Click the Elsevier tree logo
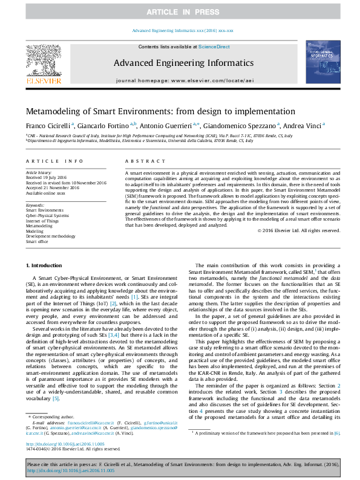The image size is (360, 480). pyautogui.click(x=43, y=63)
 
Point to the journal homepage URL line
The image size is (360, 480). pyautogui.click(x=180, y=80)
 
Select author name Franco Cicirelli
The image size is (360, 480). pyautogui.click(x=48, y=125)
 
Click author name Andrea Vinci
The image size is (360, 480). pyautogui.click(x=304, y=125)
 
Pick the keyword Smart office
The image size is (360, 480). pyautogui.click(x=38, y=241)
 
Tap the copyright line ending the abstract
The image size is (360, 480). pyautogui.click(x=298, y=230)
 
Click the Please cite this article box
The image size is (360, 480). pyautogui.click(x=180, y=466)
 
